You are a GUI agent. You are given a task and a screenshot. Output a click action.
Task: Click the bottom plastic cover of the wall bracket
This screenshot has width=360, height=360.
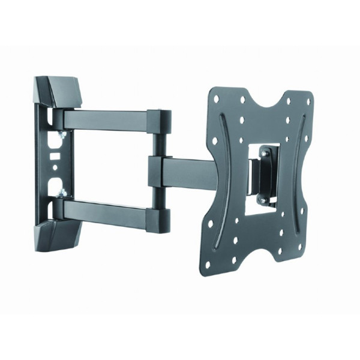(58, 235)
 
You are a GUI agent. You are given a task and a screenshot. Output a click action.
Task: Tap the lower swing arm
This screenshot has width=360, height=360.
(106, 210)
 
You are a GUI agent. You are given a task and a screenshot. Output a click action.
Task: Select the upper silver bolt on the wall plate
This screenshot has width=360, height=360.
(62, 137)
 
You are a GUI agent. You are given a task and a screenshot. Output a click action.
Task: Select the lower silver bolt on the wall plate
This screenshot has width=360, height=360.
(62, 193)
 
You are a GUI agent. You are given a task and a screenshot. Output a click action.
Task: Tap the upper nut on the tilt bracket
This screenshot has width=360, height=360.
(263, 155)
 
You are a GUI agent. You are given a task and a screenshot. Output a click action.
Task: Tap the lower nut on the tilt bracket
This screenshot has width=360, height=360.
(262, 200)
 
